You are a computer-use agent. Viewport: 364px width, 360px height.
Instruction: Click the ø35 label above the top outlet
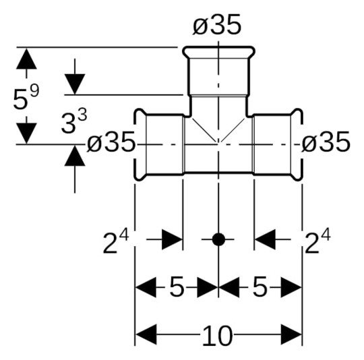(218, 25)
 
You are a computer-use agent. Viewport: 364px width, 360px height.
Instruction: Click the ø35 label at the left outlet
(111, 142)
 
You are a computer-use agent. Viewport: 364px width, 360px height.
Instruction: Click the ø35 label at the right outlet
(326, 142)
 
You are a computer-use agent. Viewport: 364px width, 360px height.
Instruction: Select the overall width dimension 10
(217, 334)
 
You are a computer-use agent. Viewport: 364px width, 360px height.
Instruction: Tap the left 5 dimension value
(176, 288)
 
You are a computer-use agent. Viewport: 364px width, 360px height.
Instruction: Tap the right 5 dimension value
(260, 288)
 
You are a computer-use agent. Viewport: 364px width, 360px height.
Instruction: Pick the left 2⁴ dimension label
(115, 242)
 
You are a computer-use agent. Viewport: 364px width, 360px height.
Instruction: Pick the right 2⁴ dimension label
(317, 242)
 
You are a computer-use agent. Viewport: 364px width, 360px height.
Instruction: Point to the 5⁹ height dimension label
(26, 98)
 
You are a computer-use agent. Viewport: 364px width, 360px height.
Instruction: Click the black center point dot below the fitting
(218, 239)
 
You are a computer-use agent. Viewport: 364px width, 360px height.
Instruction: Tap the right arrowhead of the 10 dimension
(291, 334)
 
